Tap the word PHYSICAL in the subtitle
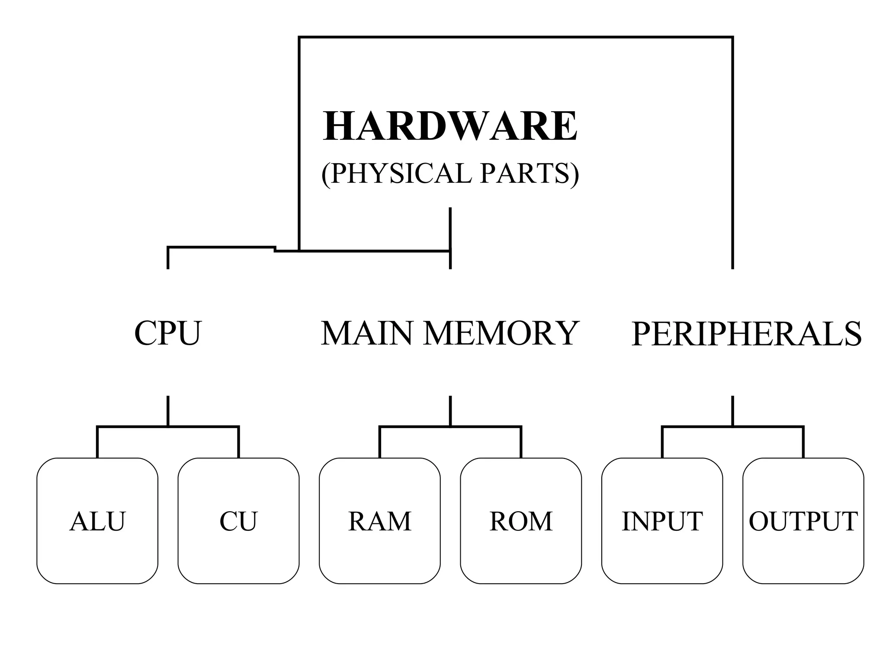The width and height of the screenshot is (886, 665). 396,173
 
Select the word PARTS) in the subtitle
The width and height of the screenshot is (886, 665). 530,173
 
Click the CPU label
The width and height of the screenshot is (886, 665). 168,333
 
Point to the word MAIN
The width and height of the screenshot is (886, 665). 366,333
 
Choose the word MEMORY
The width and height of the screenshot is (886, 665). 501,333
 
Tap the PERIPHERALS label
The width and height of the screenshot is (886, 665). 746,334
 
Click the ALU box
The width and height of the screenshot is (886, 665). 97,521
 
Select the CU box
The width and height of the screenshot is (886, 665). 238,521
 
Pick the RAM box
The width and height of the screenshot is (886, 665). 379,521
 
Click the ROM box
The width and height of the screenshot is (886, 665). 521,521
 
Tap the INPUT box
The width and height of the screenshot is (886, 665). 662,521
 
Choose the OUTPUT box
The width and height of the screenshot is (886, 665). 803,521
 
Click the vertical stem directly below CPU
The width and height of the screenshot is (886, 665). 168,410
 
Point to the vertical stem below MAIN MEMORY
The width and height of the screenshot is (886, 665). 450,410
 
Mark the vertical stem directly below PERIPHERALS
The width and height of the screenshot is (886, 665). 732,410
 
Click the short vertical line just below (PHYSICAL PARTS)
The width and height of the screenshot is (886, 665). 450,227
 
